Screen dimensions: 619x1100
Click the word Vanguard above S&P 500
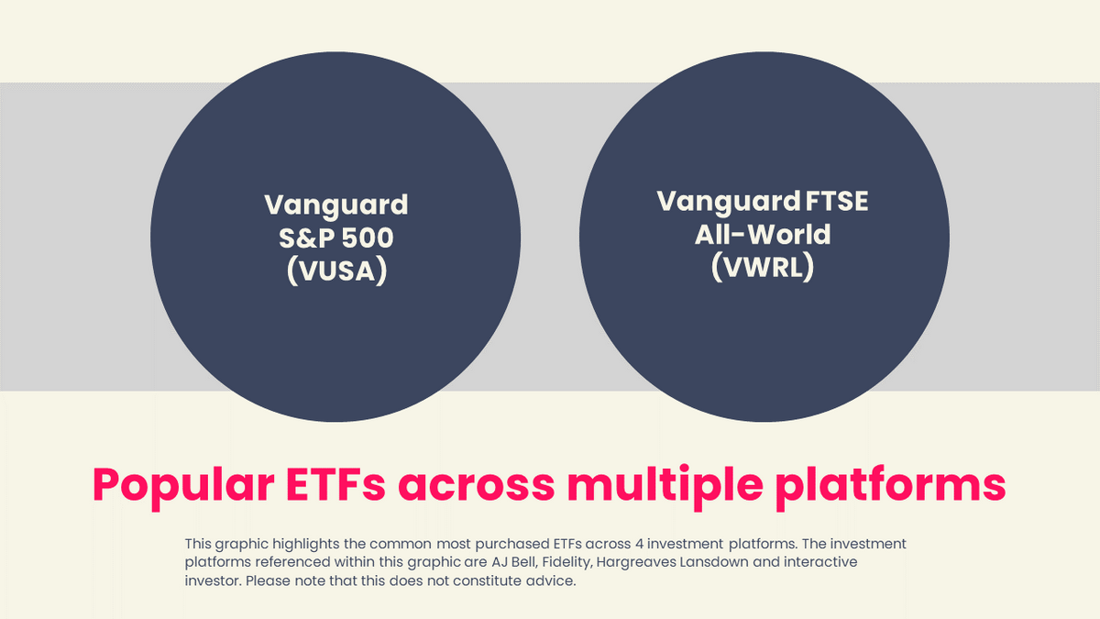[335, 204]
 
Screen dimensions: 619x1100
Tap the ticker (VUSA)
[335, 271]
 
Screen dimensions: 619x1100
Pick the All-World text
[763, 234]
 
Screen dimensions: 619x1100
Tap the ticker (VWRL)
[763, 267]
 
